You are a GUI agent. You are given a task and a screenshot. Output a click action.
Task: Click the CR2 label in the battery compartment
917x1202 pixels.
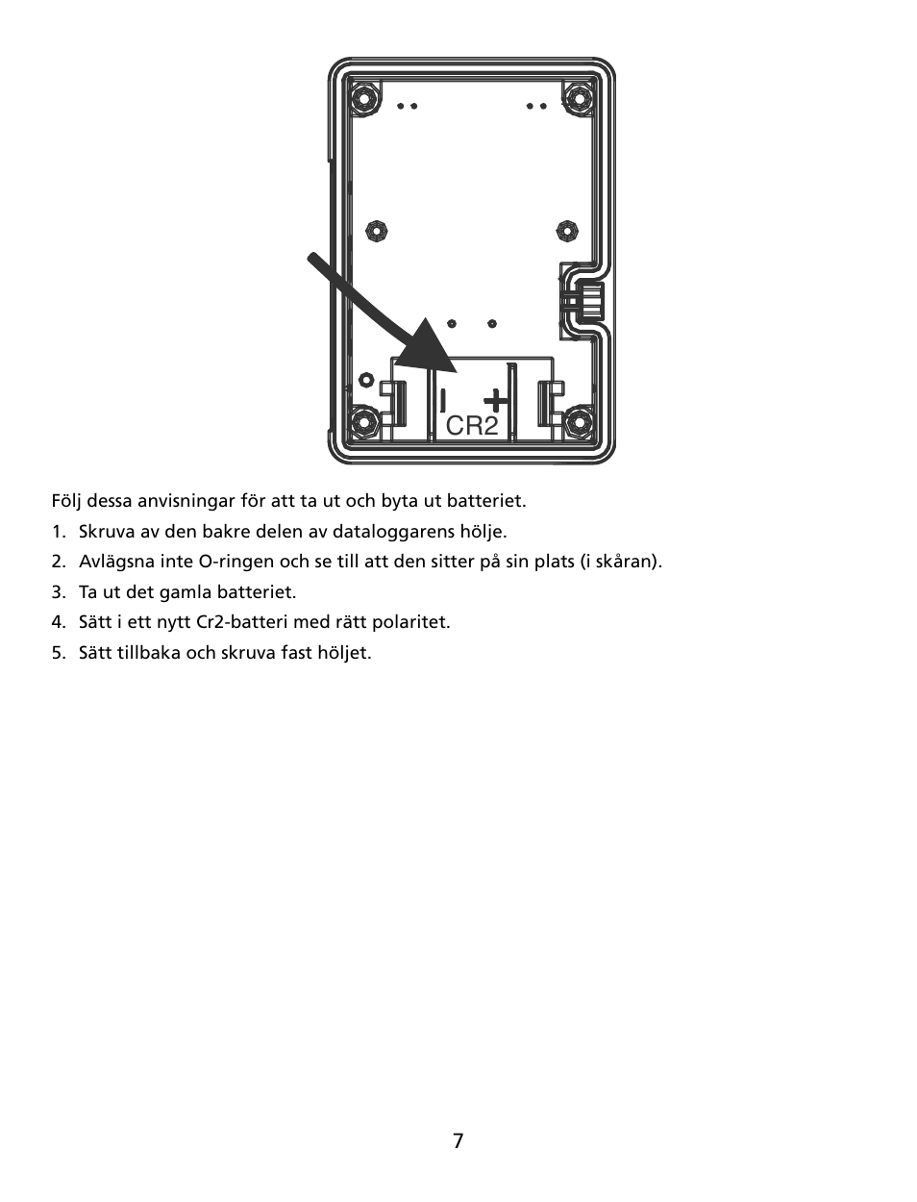point(472,426)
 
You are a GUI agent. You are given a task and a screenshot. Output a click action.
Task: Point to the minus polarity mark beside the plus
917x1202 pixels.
point(443,398)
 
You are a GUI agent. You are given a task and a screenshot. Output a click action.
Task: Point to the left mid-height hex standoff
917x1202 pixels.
point(377,231)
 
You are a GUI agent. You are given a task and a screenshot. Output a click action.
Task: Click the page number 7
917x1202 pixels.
point(458,1141)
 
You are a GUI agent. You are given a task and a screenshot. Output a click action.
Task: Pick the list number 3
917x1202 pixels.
point(59,592)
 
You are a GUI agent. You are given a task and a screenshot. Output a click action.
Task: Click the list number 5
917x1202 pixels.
point(59,653)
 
